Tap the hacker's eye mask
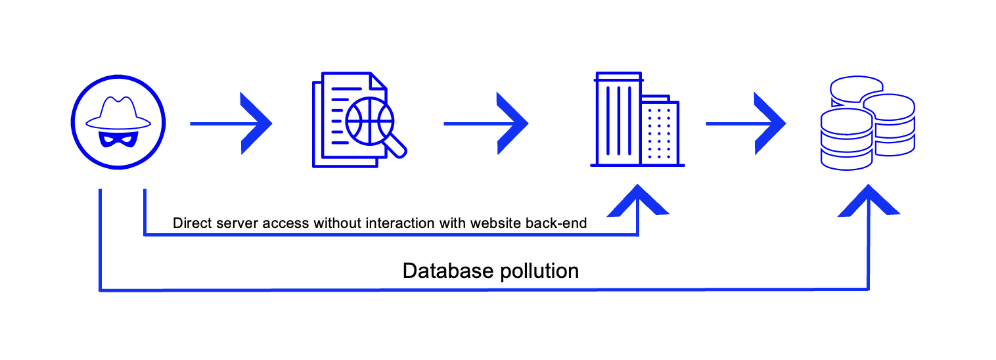[x=119, y=139]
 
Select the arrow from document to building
[x=486, y=124]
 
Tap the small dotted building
[x=660, y=131]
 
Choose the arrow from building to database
[x=746, y=124]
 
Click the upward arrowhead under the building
[x=637, y=201]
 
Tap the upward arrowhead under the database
[x=869, y=201]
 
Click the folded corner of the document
[x=378, y=82]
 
